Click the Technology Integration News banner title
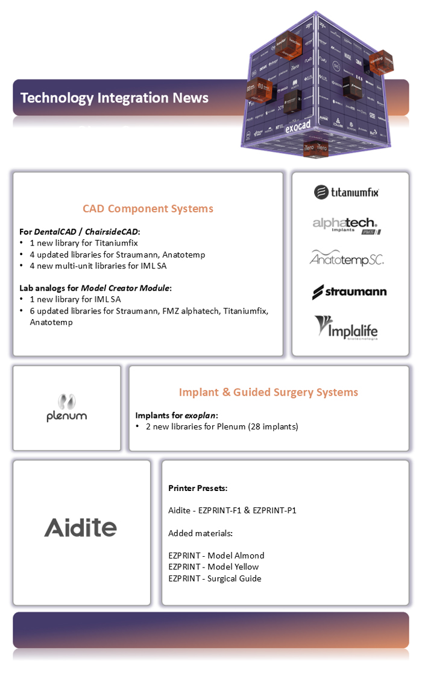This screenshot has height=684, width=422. [115, 98]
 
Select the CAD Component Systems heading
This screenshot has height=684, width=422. [148, 209]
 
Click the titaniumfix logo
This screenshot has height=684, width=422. [347, 192]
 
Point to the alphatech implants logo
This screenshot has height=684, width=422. [346, 226]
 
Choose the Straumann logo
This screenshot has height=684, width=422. [349, 292]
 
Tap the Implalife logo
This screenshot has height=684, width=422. [346, 328]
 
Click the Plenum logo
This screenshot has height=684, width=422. [67, 408]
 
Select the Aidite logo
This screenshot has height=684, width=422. [80, 528]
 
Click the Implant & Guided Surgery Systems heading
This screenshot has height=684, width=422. [268, 392]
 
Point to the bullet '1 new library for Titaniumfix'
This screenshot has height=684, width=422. [84, 243]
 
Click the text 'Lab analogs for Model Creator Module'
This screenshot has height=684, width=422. [95, 288]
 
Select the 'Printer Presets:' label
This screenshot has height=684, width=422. [198, 488]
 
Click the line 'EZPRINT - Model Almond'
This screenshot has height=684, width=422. [216, 555]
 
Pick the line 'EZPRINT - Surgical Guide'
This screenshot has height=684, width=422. [215, 578]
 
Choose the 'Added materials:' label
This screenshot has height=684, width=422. [200, 533]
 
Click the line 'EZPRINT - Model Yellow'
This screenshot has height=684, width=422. [213, 566]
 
